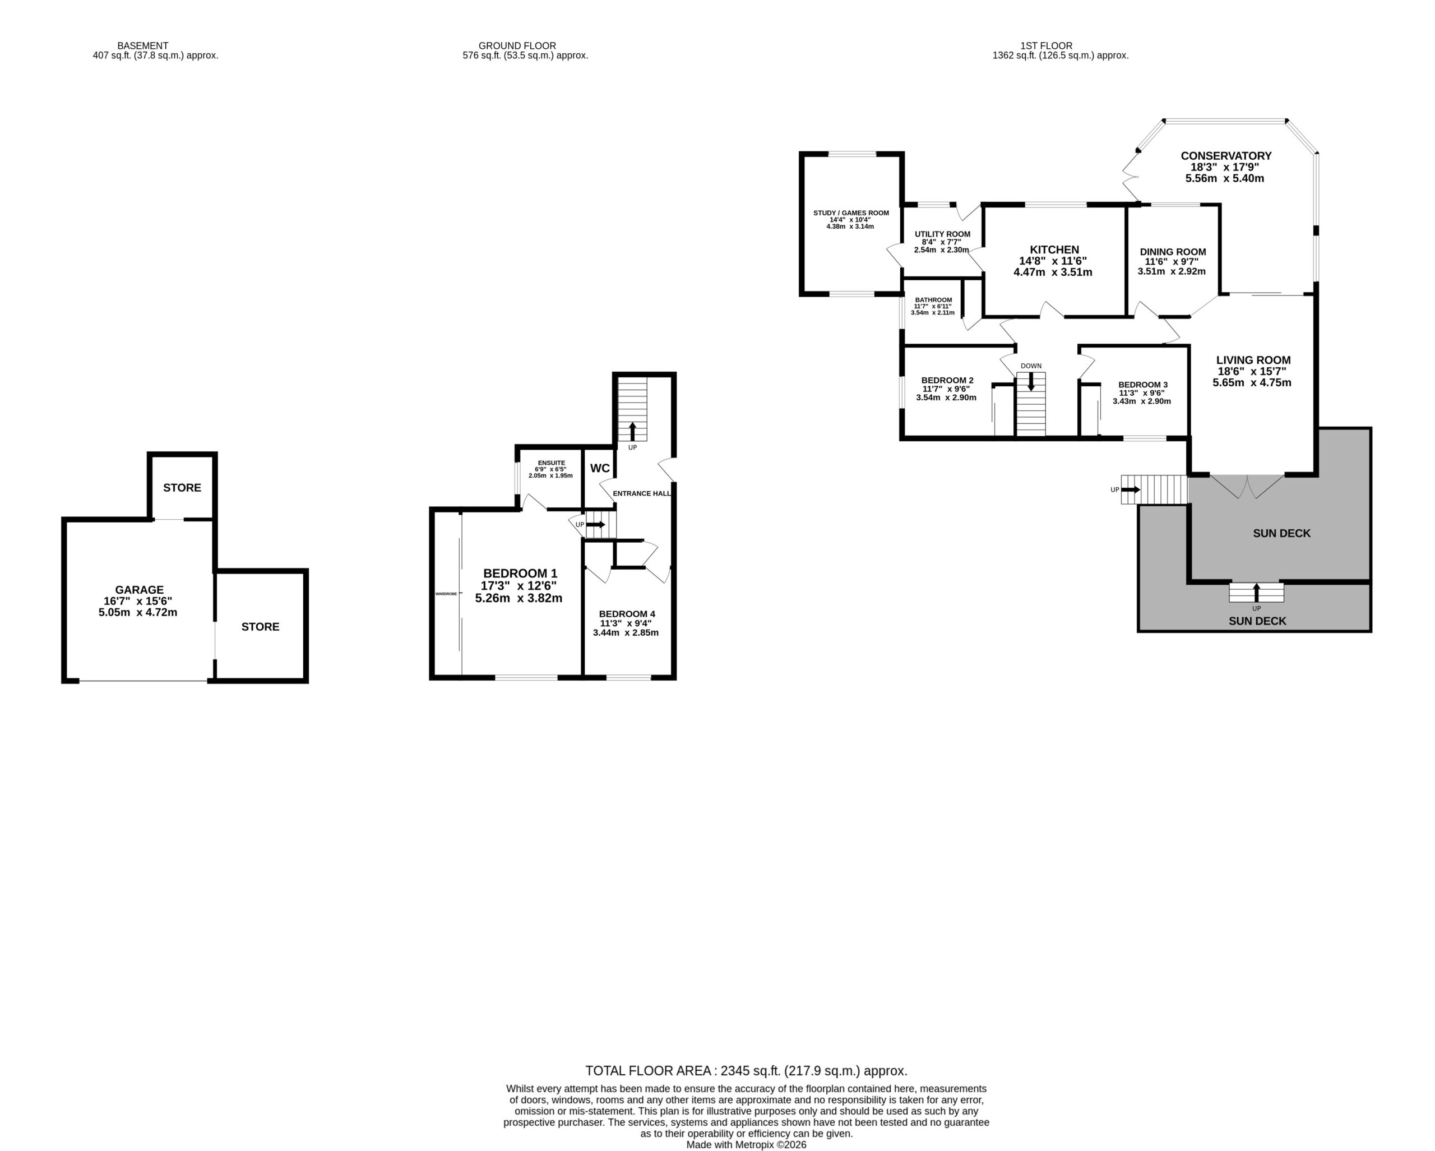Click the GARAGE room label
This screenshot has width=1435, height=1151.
pyautogui.click(x=139, y=590)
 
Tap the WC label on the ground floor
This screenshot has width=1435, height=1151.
pyautogui.click(x=600, y=468)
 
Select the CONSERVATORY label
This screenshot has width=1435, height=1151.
pyautogui.click(x=1226, y=156)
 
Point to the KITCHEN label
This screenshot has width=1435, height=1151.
pyautogui.click(x=1054, y=249)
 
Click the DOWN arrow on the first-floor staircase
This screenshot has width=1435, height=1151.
pyautogui.click(x=1031, y=381)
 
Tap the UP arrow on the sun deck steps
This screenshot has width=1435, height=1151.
pyautogui.click(x=1256, y=593)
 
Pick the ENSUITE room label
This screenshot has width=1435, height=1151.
pyautogui.click(x=551, y=463)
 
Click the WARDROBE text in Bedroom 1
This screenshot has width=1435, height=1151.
pyautogui.click(x=446, y=593)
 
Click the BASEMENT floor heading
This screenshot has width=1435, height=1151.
pyautogui.click(x=142, y=46)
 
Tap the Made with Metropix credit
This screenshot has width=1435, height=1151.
pyautogui.click(x=746, y=1145)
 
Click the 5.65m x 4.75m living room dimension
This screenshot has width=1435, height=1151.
pyautogui.click(x=1251, y=383)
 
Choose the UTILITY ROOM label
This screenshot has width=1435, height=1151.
pyautogui.click(x=942, y=234)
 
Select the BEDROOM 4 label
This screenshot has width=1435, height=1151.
pyautogui.click(x=627, y=614)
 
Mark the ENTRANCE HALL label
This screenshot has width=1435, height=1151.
pyautogui.click(x=642, y=493)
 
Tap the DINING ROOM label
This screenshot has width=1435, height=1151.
pyautogui.click(x=1173, y=252)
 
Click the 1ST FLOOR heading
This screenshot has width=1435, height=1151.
pyautogui.click(x=1047, y=46)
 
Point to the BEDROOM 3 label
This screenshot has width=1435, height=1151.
pyautogui.click(x=1143, y=385)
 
